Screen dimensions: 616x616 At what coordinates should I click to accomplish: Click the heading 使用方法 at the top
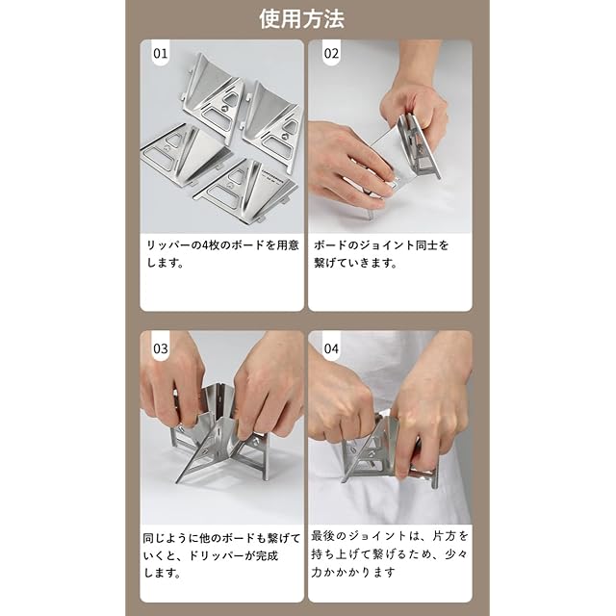point(301,19)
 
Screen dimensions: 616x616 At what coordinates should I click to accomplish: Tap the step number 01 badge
point(161,53)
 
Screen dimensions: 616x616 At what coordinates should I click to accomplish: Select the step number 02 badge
point(331,53)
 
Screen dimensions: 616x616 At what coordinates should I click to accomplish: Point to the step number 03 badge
point(161,348)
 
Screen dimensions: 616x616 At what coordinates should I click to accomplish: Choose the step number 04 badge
point(331,348)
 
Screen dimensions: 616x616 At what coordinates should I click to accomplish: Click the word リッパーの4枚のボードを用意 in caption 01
point(222,245)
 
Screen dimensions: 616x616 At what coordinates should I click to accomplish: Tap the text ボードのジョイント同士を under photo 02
point(381,245)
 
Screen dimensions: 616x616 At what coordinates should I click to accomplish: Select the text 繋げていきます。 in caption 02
point(356,263)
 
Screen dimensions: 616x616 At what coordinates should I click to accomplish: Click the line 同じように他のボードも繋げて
point(221,538)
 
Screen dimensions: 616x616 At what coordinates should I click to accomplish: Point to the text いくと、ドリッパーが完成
point(211,555)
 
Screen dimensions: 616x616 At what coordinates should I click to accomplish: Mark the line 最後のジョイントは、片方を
point(390,535)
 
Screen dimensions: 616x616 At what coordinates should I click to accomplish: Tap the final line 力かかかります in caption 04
point(353,572)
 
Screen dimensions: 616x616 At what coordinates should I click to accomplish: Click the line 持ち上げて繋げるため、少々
point(390,554)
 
